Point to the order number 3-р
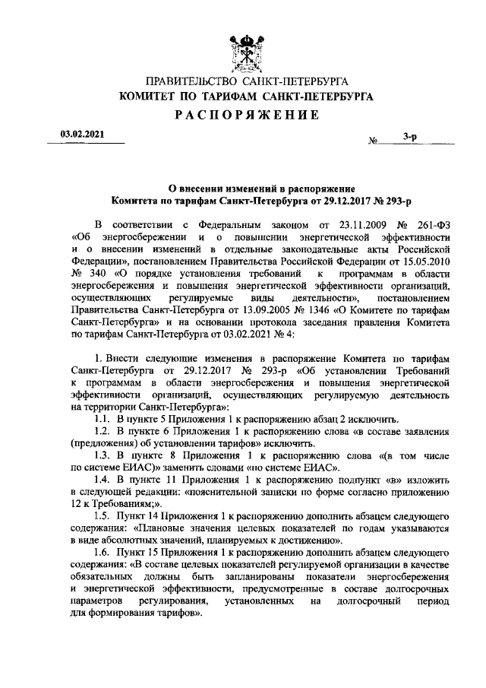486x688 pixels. point(409,137)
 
